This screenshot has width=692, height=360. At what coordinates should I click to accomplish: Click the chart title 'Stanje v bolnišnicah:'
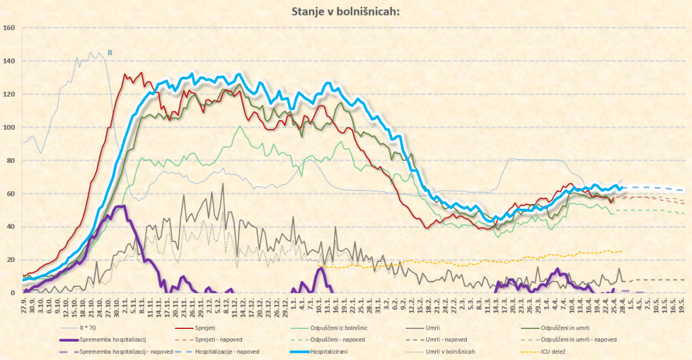pos(345,11)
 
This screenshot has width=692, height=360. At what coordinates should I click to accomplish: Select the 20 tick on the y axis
pos(11,259)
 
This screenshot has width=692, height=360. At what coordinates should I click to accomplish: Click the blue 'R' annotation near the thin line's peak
pos(110,52)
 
